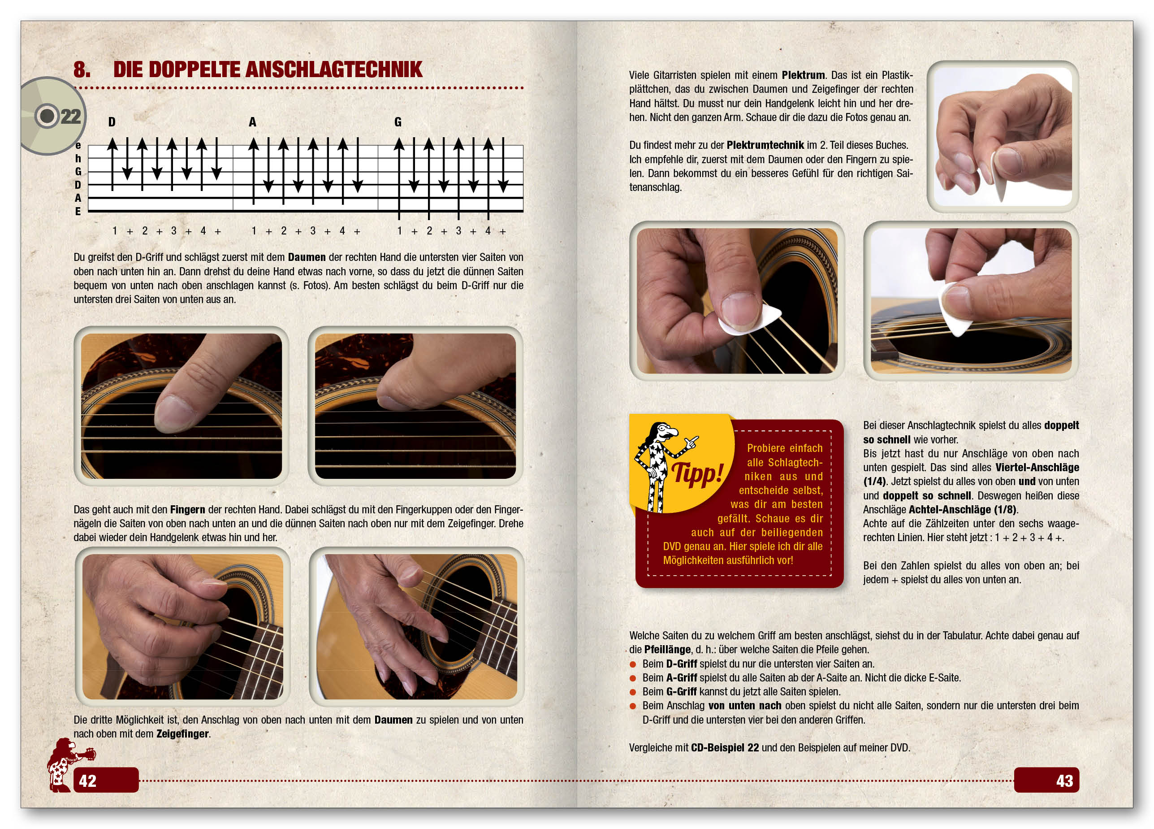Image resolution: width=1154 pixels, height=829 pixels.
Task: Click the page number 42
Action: (x=87, y=781)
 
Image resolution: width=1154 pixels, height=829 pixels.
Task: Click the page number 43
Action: (x=1064, y=781)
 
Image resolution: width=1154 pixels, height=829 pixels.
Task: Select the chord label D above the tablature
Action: (x=112, y=122)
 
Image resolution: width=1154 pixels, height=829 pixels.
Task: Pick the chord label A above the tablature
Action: (x=252, y=122)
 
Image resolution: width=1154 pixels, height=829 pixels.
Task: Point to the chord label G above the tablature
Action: (x=398, y=122)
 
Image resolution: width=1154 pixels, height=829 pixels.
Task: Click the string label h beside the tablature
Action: (x=78, y=158)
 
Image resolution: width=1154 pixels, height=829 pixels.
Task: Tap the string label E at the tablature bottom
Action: (x=78, y=211)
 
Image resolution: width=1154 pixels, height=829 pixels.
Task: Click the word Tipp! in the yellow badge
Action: (x=698, y=473)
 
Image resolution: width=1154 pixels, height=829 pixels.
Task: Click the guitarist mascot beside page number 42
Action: (x=69, y=765)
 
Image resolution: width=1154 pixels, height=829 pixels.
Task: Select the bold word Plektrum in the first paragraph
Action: (x=804, y=75)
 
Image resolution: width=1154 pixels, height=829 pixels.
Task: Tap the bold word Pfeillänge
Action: (x=668, y=650)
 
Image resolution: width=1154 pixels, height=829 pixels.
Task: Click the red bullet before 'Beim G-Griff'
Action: (x=633, y=692)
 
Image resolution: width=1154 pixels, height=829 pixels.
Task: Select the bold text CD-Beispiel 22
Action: (x=725, y=747)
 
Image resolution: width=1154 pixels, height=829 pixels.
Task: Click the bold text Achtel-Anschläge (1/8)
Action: (x=963, y=509)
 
